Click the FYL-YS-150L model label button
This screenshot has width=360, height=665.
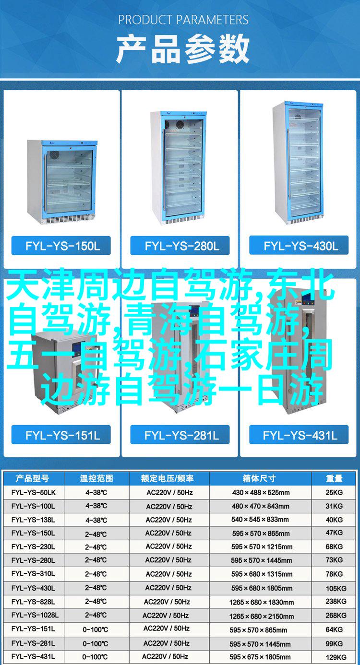[61, 246]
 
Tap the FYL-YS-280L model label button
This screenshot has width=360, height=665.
[180, 246]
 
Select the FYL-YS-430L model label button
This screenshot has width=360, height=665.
[299, 246]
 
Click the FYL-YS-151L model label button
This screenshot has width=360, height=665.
[61, 435]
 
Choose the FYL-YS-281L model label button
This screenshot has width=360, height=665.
[180, 435]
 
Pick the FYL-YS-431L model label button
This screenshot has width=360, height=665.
[299, 435]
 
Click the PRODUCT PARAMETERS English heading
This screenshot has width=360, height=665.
[183, 20]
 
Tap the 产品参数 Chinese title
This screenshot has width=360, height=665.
[182, 49]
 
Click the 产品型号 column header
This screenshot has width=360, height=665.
[32, 478]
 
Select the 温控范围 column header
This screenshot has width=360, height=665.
[96, 478]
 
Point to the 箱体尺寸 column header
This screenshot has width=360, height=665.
[259, 478]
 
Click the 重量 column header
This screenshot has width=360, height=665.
[334, 478]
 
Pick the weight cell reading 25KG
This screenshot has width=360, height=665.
[334, 493]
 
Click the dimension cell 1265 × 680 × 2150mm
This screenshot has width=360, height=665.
[262, 616]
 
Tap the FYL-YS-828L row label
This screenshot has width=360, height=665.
[33, 602]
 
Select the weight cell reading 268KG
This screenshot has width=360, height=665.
[336, 616]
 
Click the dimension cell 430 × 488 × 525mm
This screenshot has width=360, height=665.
[261, 493]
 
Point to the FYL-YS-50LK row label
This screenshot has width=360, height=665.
[34, 493]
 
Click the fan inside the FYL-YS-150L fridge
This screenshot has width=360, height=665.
[54, 154]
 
